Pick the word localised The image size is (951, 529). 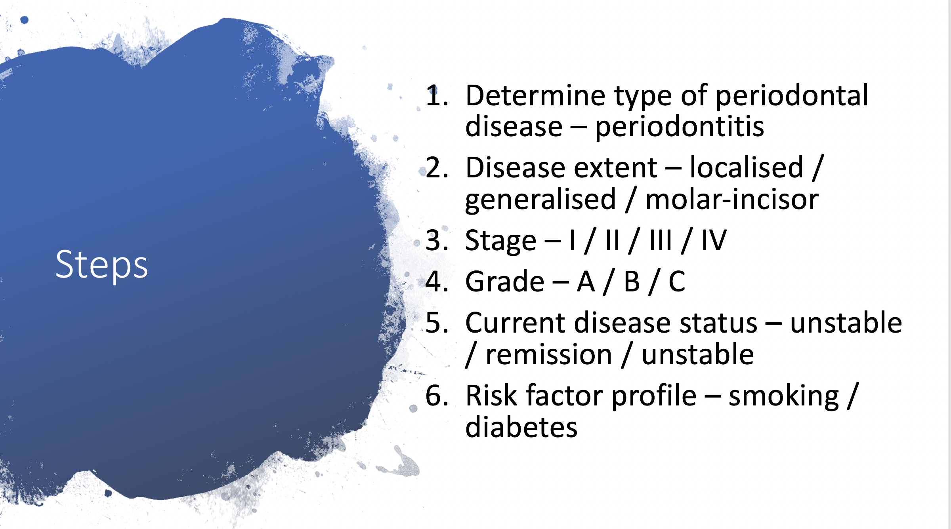[747, 167]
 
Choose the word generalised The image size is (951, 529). [541, 200]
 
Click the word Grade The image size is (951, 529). [505, 282]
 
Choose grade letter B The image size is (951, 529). [632, 282]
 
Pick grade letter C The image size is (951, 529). [677, 282]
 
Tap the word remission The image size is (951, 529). [549, 355]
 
